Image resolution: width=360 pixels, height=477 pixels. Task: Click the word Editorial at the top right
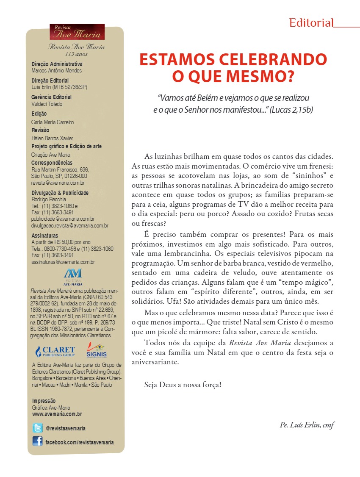(311, 23)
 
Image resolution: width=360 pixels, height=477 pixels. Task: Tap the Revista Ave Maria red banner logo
(77, 32)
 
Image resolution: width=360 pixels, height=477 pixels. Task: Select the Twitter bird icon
(38, 428)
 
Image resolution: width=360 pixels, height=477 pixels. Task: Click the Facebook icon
(38, 441)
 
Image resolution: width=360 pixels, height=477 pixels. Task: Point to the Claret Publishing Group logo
(55, 352)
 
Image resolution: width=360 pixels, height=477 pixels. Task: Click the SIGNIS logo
(97, 350)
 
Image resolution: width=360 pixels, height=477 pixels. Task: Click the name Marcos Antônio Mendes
(57, 71)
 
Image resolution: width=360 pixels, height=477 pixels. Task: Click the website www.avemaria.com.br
(57, 414)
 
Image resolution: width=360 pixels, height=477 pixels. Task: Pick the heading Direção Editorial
(50, 80)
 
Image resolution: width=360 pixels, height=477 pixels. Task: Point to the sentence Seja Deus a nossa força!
(183, 385)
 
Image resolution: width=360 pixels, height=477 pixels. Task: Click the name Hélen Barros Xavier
(53, 139)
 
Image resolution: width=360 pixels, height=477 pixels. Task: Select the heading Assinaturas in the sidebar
(45, 236)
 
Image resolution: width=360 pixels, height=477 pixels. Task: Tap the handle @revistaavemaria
(66, 428)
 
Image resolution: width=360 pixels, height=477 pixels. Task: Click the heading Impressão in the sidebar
(44, 401)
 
